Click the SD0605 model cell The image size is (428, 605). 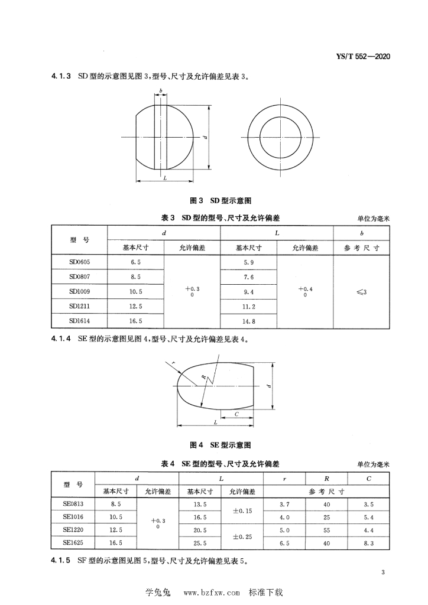pyautogui.click(x=79, y=261)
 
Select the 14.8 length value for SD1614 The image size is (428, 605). pyautogui.click(x=248, y=321)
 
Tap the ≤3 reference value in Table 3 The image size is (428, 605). pyautogui.click(x=362, y=291)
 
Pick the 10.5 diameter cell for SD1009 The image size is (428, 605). pyautogui.click(x=135, y=291)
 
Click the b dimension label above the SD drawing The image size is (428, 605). pyautogui.click(x=160, y=90)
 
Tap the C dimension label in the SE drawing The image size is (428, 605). pyautogui.click(x=236, y=414)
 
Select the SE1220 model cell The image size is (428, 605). pyautogui.click(x=73, y=530)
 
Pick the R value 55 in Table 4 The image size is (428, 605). pyautogui.click(x=326, y=530)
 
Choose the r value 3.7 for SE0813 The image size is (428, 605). pyautogui.click(x=284, y=504)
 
